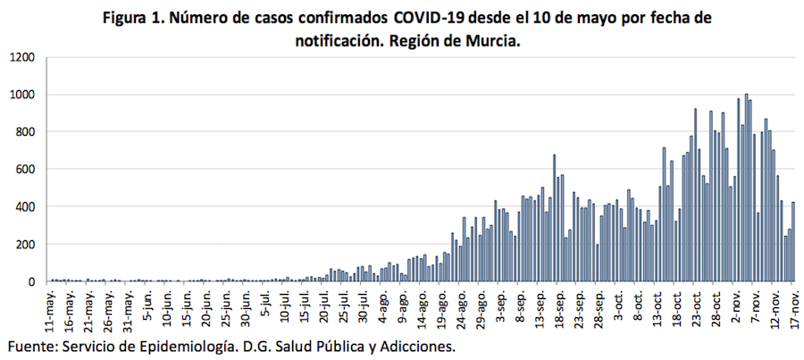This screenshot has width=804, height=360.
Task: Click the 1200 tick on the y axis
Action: [22, 57]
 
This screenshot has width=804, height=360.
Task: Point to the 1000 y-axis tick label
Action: [22, 95]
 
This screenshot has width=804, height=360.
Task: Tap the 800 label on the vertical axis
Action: [26, 132]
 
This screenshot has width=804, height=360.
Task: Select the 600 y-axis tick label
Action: [26, 170]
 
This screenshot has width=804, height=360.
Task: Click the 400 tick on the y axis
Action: [26, 207]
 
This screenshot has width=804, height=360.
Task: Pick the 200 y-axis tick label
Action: [26, 245]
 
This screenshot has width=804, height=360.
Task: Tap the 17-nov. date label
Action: [791, 308]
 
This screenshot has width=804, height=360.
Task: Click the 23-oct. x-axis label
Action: [693, 308]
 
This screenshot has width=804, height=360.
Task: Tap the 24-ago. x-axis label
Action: [459, 308]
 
